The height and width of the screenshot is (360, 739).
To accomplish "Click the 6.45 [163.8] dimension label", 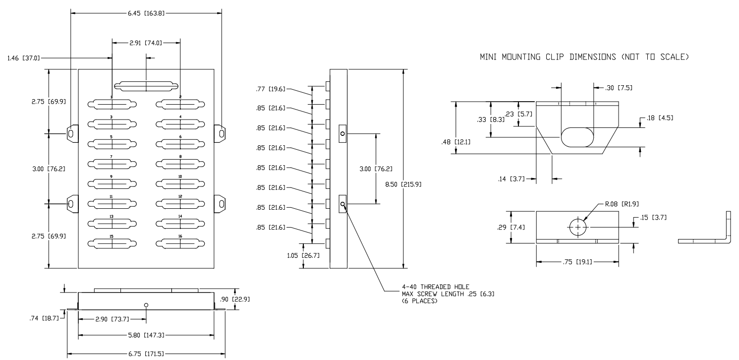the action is tap(146, 13).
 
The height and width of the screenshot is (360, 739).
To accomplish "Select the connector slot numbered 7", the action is tap(112, 164).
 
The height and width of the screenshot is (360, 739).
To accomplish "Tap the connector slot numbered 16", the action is tap(180, 243).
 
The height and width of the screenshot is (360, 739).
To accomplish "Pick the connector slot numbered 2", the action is tap(180, 104).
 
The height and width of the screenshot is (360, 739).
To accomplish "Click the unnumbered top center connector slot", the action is tap(146, 86).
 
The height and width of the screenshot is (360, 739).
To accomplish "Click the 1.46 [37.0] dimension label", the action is tap(23, 58).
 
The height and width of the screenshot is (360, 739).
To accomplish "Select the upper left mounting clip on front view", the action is tap(72, 134).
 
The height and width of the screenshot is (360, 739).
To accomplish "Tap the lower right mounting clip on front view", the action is tap(220, 204).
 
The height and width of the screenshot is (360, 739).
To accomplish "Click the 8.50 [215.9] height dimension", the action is tap(403, 184).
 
